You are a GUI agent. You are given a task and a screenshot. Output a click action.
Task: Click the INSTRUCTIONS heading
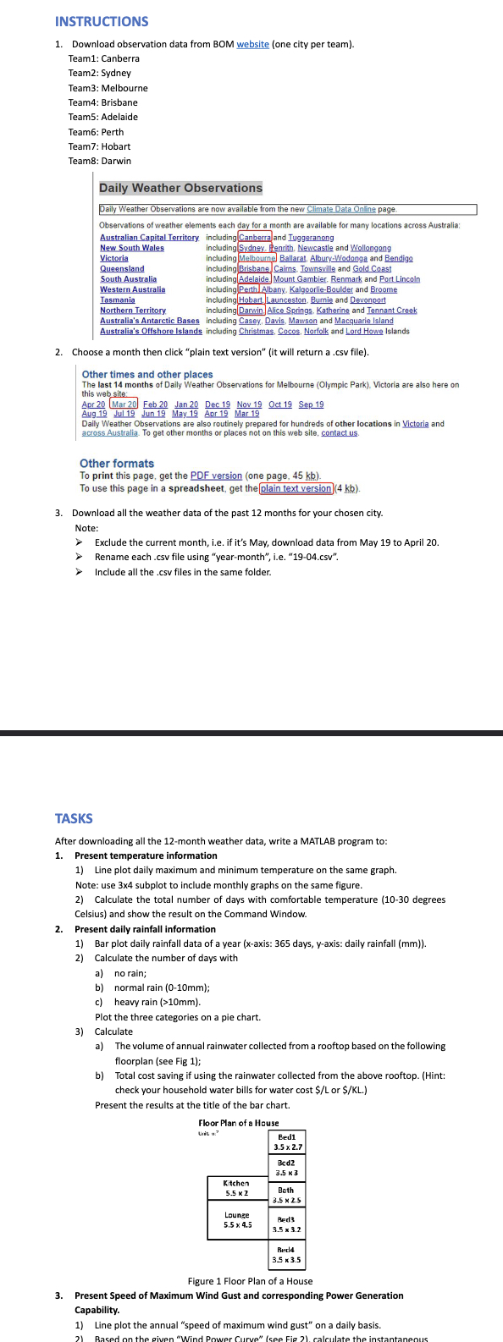tap(102, 22)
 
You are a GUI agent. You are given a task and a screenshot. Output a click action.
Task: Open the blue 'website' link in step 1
tap(252, 44)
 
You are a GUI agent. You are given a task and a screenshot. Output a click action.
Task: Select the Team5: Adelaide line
tap(103, 117)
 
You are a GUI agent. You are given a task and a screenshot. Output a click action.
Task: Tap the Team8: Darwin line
tap(100, 161)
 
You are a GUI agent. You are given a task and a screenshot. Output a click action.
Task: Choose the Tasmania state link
tap(118, 300)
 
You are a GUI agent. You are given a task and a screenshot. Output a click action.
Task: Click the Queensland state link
tap(122, 268)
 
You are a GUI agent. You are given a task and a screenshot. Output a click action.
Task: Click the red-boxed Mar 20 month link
tap(124, 404)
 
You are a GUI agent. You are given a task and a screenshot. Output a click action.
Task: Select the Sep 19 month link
tap(311, 404)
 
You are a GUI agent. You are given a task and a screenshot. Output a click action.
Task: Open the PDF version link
tap(216, 476)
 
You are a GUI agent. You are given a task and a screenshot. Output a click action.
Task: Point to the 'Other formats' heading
tap(117, 463)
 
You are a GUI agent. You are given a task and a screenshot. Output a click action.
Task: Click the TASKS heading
tap(74, 818)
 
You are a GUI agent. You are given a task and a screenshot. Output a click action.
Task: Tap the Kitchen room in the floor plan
tap(236, 1188)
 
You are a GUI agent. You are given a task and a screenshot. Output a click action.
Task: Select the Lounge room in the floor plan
tap(237, 1219)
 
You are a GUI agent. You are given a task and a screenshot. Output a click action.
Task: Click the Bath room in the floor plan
tap(286, 1195)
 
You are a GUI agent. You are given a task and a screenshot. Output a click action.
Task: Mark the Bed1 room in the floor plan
tap(287, 1142)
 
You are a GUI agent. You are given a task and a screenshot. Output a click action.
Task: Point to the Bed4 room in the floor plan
tap(286, 1255)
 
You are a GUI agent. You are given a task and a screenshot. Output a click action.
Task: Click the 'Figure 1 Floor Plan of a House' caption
tap(250, 1281)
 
